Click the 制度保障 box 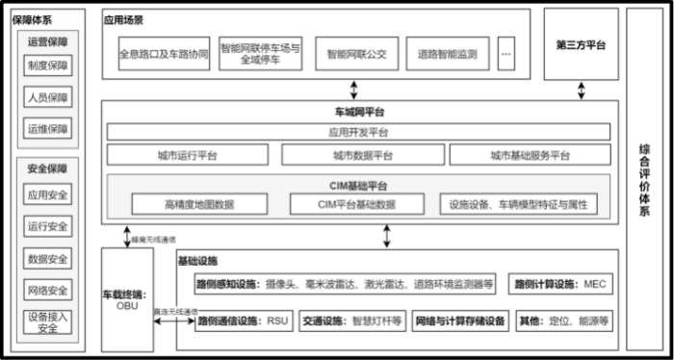47,67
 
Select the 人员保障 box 47,98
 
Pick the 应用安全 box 47,194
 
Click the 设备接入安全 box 47,321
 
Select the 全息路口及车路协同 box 164,54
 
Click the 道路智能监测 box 448,54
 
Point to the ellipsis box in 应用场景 505,54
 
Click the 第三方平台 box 581,45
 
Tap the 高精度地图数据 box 198,204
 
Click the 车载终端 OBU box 127,298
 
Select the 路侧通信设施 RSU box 242,321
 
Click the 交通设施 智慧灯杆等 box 350,321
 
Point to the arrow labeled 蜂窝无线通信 125,236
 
